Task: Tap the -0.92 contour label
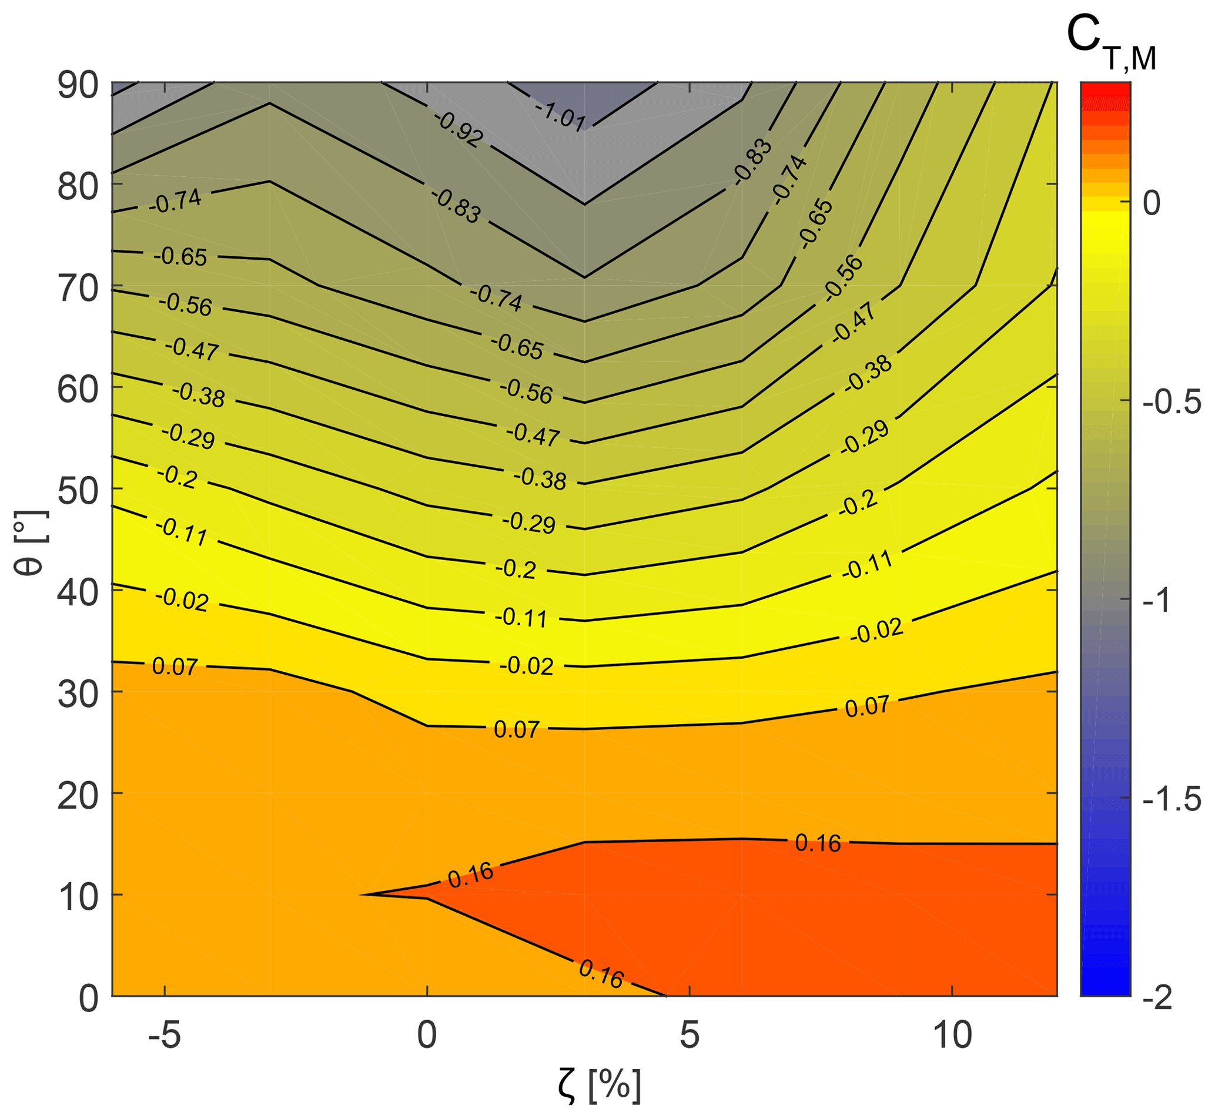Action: coord(459,129)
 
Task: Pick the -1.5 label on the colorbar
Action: coord(1172,800)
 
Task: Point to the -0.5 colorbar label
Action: coord(1172,403)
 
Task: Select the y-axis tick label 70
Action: coord(78,289)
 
